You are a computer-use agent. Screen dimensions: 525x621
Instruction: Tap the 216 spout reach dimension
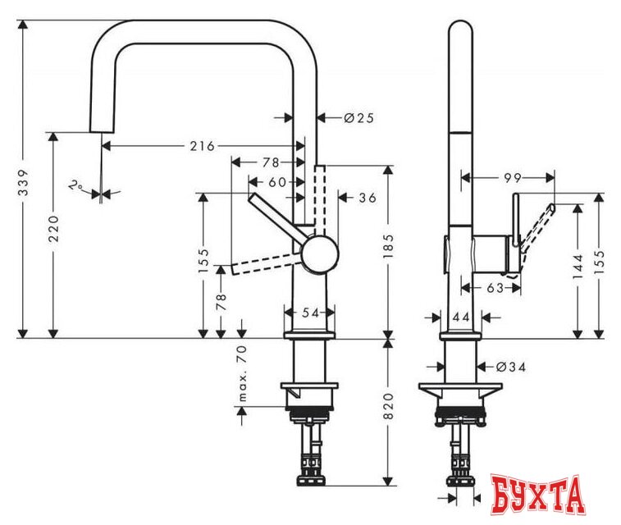coord(202,146)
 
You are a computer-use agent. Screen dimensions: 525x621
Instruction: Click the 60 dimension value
coord(276,180)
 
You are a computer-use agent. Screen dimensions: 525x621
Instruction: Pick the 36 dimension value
coord(367,198)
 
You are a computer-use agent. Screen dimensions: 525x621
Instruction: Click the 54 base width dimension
coord(308,313)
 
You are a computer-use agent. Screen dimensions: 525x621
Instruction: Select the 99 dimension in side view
coord(513,176)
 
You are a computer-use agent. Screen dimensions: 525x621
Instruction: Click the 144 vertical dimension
coord(578,262)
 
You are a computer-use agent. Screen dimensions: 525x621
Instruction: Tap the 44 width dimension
coord(459,317)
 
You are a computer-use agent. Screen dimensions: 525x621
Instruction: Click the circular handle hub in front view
coord(318,253)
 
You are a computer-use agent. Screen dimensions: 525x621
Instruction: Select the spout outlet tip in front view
coord(98,130)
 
